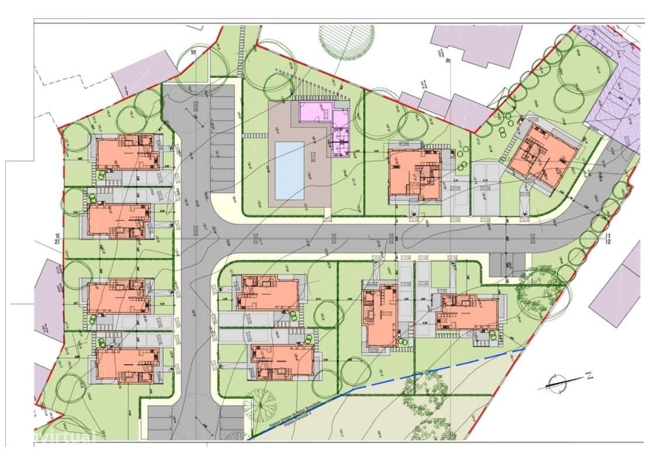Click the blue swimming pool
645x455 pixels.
[x=289, y=170]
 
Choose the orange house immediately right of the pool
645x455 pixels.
[x=415, y=174]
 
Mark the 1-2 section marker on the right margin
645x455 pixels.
[x=608, y=237]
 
